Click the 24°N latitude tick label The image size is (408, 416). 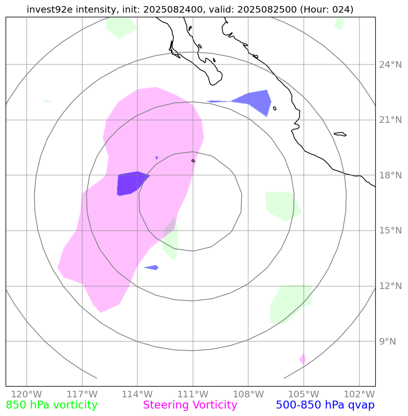tap(390, 64)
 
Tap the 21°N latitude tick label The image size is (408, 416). tap(390, 120)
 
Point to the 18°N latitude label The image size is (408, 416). tap(390, 175)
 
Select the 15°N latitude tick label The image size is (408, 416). tap(390, 231)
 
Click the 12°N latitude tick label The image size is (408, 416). tap(390, 286)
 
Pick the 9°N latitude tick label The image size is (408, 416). tap(387, 341)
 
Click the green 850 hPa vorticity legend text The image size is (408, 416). tap(52, 405)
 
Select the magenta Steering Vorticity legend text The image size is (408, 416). tap(190, 405)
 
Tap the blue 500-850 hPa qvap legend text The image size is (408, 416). tap(325, 405)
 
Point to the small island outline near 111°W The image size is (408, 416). tap(193, 161)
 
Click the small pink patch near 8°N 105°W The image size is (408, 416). tap(302, 359)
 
